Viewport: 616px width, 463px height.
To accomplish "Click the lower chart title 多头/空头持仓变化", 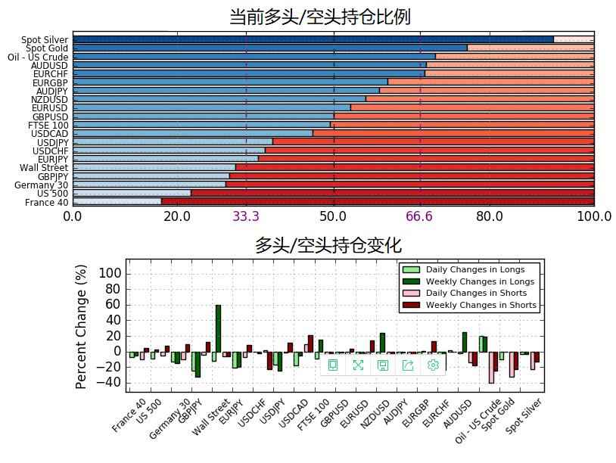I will pyautogui.click(x=328, y=245).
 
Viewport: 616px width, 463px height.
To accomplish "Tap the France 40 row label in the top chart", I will pyautogui.click(x=47, y=203).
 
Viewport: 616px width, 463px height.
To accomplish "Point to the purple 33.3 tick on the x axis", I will pyautogui.click(x=246, y=217).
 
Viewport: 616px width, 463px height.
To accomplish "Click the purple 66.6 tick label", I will pyautogui.click(x=419, y=217).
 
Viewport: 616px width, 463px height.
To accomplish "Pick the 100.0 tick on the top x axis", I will pyautogui.click(x=594, y=217).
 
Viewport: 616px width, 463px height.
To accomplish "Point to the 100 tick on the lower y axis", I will pyautogui.click(x=111, y=273).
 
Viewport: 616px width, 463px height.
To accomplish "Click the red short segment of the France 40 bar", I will pyautogui.click(x=378, y=201).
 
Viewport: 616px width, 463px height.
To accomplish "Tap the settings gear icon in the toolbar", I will pyautogui.click(x=433, y=365).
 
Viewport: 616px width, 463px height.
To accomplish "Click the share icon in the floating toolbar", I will pyautogui.click(x=408, y=365).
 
